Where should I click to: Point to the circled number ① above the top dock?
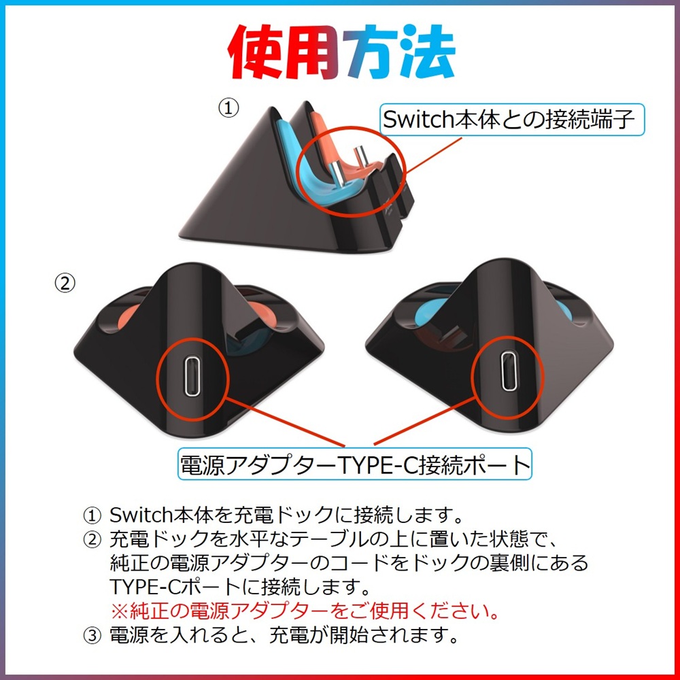point(229,107)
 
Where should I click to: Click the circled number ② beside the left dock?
point(65,284)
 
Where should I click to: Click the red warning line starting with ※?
point(305,609)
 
